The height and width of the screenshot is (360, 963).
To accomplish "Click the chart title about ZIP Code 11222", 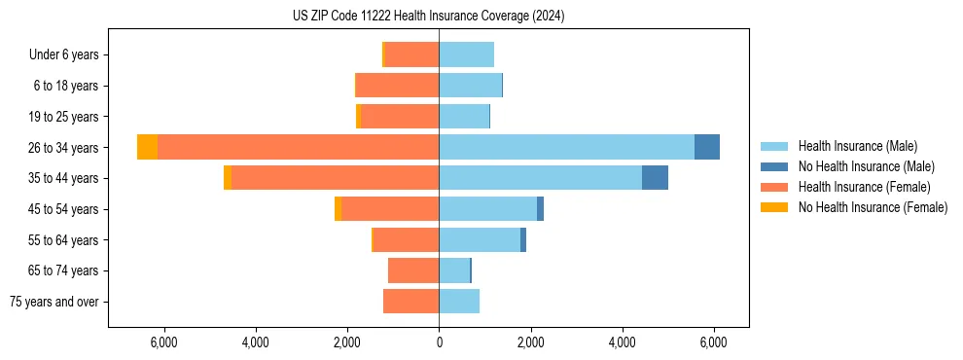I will click(428, 17).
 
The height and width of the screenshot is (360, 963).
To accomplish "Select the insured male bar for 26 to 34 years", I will click(566, 147).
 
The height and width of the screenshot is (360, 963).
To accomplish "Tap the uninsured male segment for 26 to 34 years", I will click(707, 147).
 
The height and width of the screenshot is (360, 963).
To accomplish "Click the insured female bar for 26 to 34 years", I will click(298, 147).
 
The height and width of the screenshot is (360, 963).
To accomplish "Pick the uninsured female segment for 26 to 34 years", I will click(147, 147).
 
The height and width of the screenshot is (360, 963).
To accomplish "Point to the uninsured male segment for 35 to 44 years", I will click(655, 178).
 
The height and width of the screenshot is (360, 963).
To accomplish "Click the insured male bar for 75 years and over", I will click(459, 302).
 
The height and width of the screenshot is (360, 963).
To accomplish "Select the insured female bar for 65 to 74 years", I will click(413, 270).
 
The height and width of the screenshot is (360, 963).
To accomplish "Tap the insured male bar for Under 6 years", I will click(466, 54).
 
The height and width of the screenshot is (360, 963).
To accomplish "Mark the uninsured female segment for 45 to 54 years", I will click(338, 209).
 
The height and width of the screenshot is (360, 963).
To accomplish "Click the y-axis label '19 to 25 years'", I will click(65, 117).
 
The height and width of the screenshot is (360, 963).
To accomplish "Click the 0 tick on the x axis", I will click(439, 342).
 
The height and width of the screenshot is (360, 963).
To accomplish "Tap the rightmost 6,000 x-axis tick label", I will click(714, 342).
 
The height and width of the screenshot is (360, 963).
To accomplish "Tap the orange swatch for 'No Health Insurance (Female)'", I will click(774, 207).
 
